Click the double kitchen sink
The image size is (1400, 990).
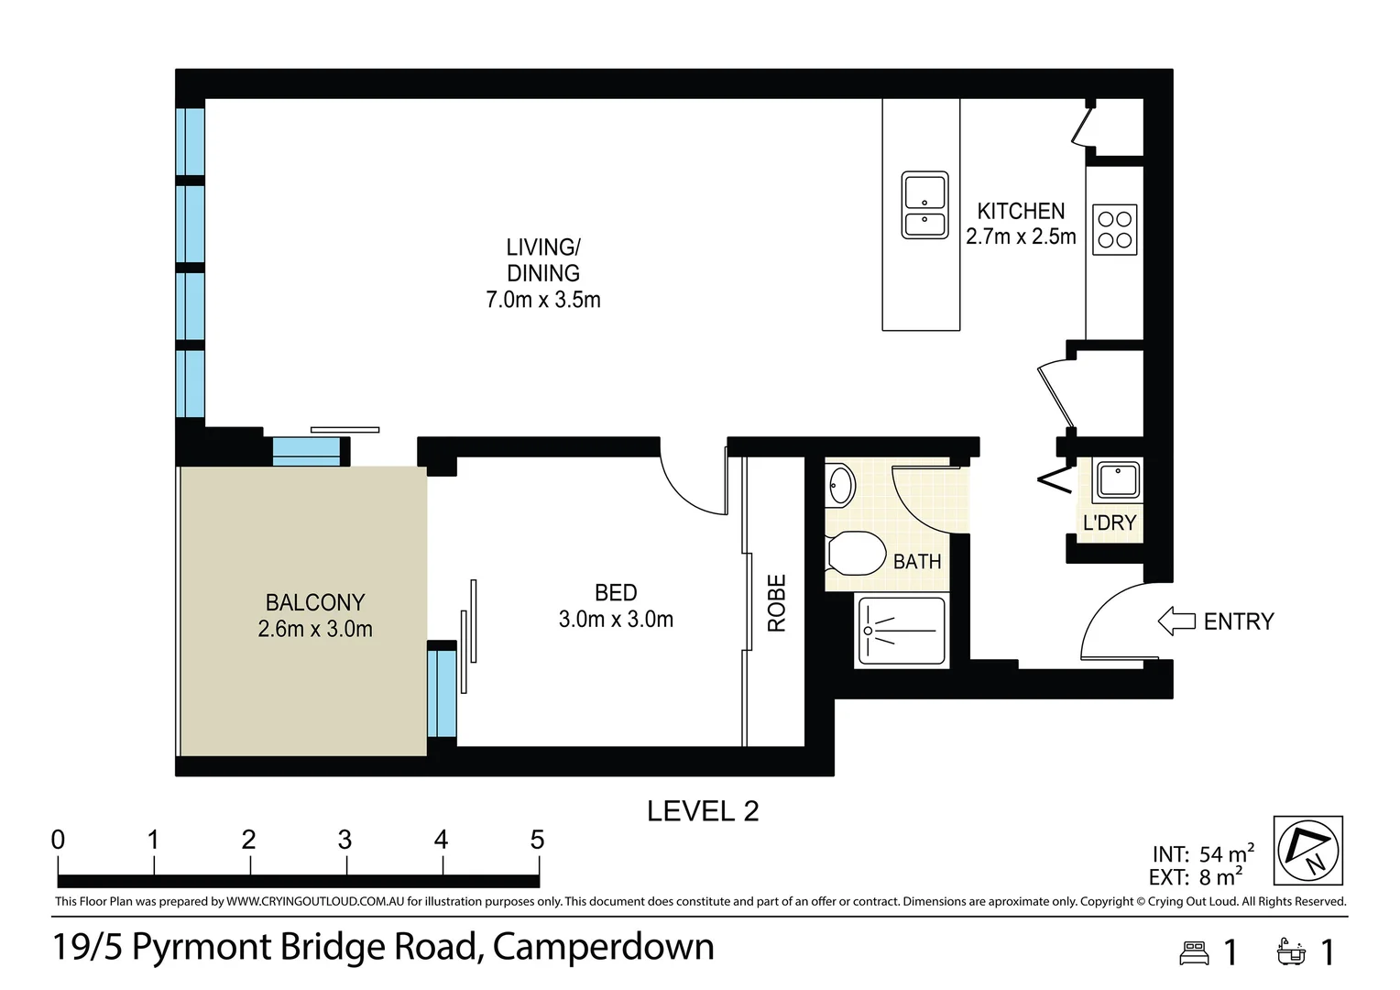click(924, 205)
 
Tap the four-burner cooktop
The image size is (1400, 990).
click(1114, 229)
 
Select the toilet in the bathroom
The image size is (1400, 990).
click(857, 553)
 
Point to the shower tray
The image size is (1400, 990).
click(902, 631)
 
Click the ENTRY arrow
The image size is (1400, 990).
click(1176, 621)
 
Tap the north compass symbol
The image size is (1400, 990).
click(1308, 850)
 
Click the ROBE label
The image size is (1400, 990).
click(776, 603)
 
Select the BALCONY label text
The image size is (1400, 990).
click(315, 602)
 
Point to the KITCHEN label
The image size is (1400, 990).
click(1021, 211)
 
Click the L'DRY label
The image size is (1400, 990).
click(1110, 522)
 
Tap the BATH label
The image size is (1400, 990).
click(917, 562)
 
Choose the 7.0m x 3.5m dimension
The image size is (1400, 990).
click(543, 300)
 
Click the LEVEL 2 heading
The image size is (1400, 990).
click(703, 811)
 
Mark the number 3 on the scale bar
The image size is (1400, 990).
click(345, 840)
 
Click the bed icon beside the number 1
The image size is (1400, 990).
click(1195, 953)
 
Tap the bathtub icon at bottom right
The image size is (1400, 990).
click(1291, 951)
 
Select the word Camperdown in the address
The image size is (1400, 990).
click(603, 947)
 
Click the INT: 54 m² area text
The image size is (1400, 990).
click(1203, 853)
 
